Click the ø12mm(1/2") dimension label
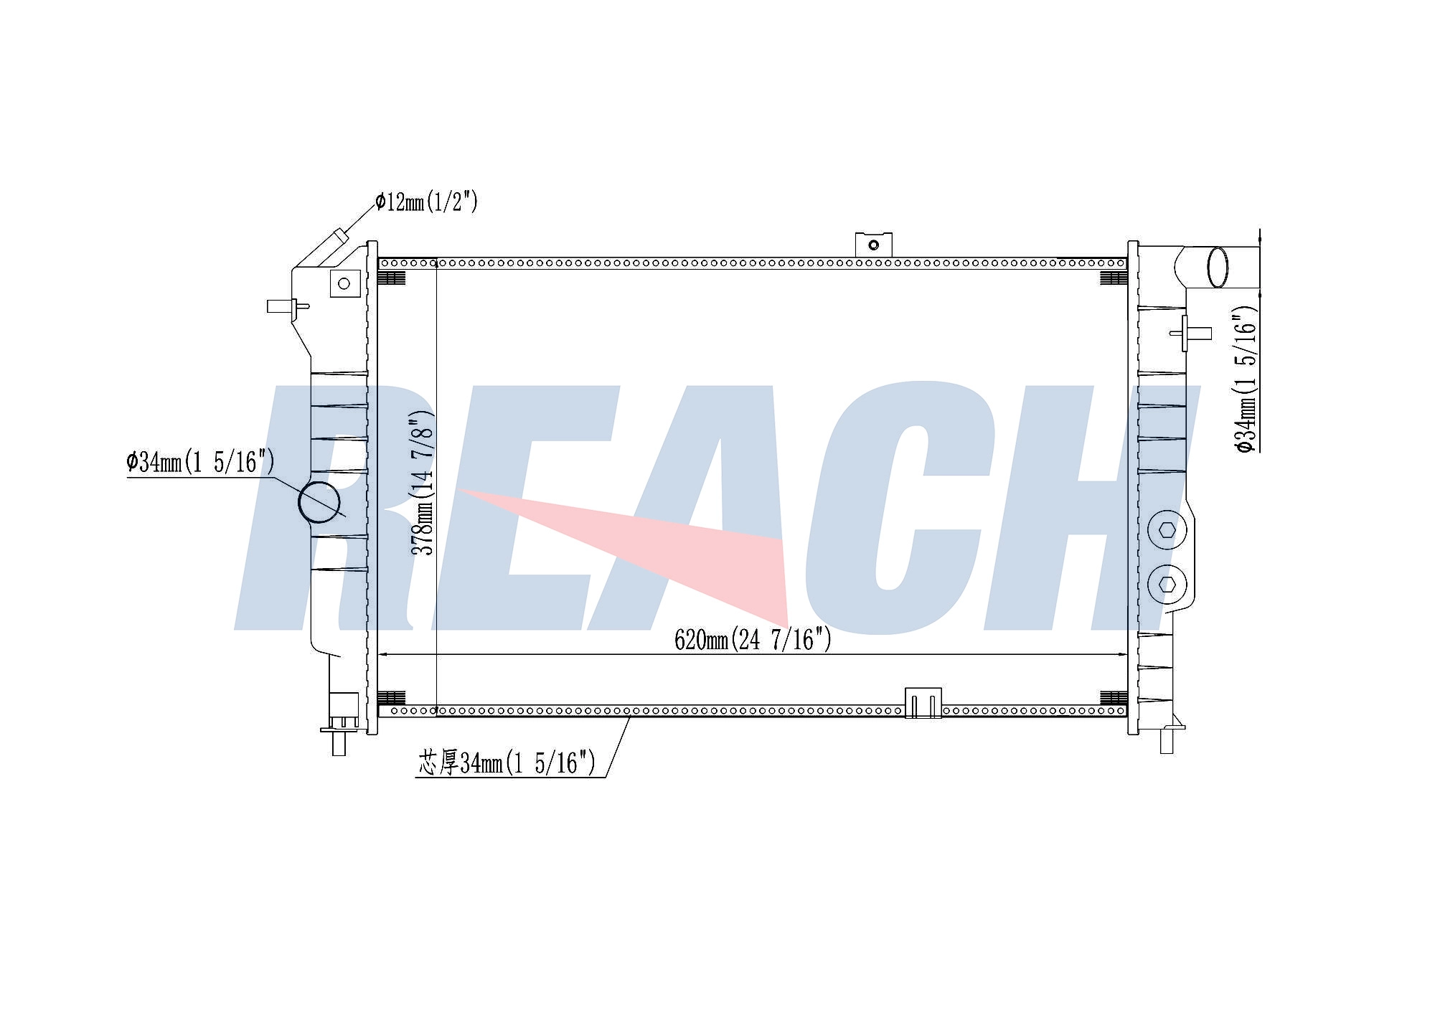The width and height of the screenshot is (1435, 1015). pyautogui.click(x=426, y=202)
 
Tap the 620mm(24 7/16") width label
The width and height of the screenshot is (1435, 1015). pyautogui.click(x=753, y=639)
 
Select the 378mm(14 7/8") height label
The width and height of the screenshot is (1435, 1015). pyautogui.click(x=423, y=482)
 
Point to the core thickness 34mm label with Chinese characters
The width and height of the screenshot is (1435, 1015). pyautogui.click(x=507, y=763)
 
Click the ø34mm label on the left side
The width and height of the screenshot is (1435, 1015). pyautogui.click(x=200, y=462)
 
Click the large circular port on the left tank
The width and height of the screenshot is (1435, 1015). pyautogui.click(x=319, y=502)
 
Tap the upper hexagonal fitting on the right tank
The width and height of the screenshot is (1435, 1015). pyautogui.click(x=1167, y=531)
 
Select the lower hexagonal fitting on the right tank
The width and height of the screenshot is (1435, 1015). pyautogui.click(x=1167, y=585)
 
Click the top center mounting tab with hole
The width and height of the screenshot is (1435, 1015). pyautogui.click(x=873, y=245)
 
